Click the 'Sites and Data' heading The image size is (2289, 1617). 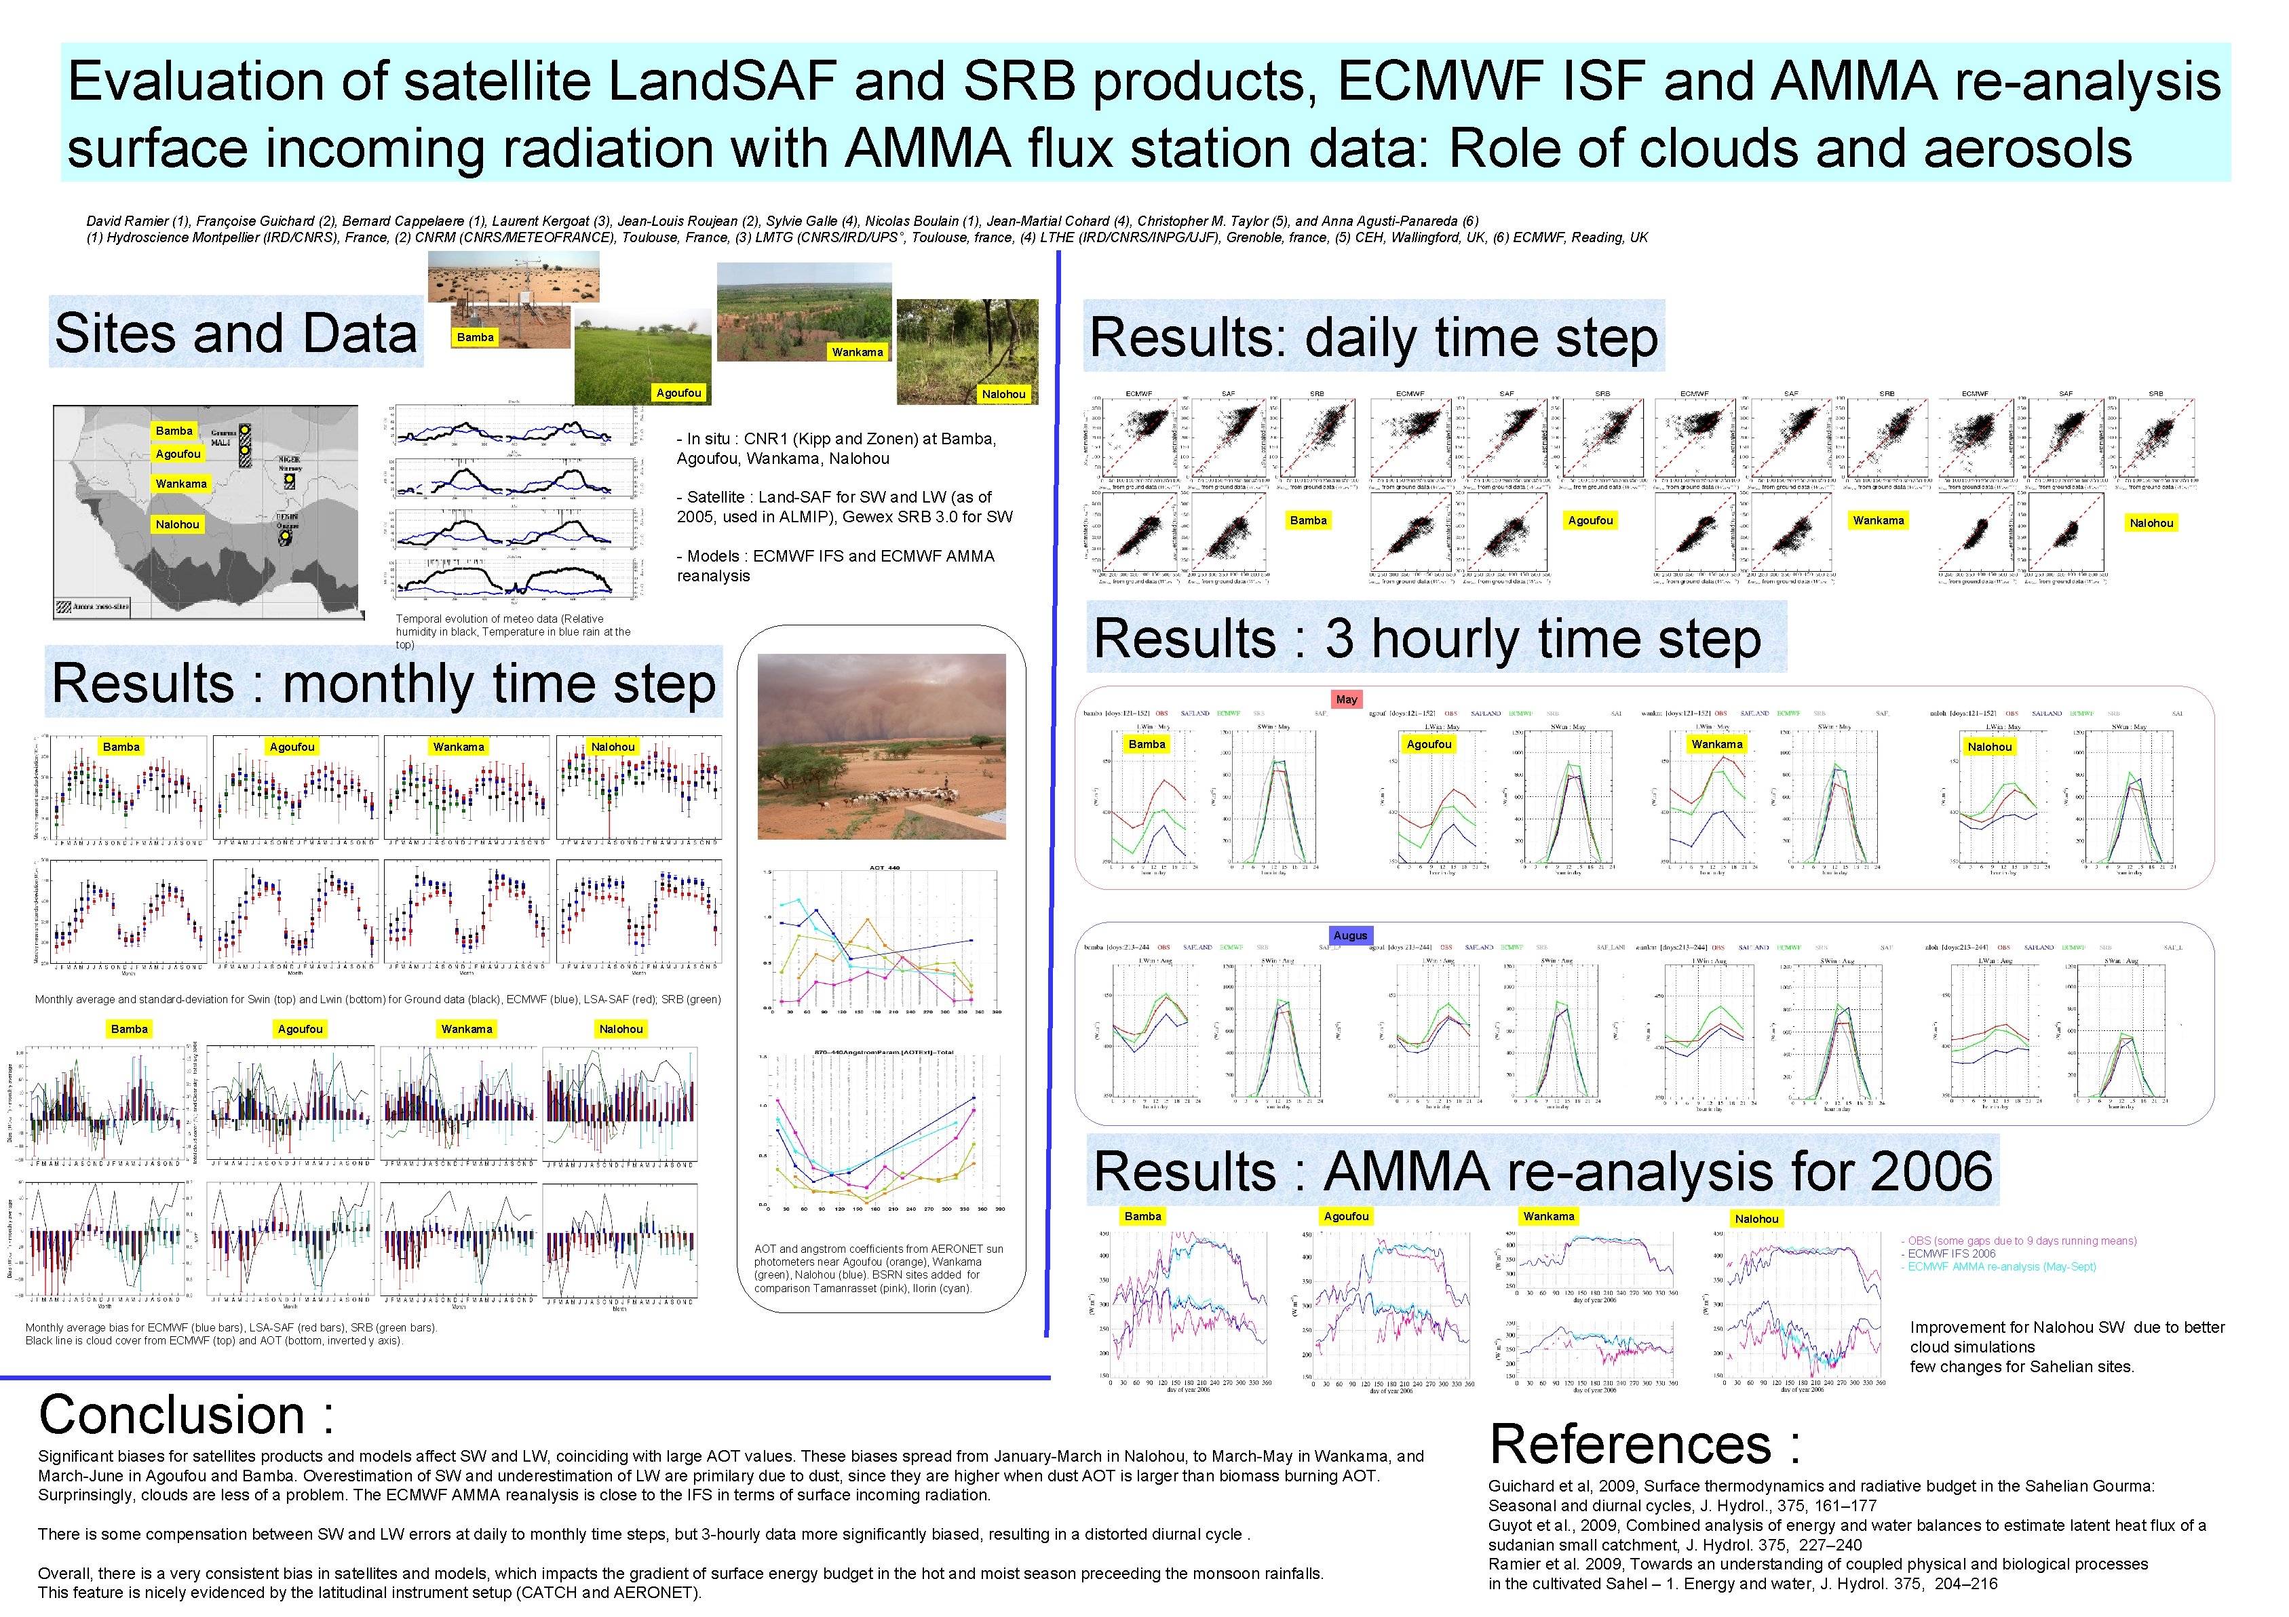pyautogui.click(x=235, y=333)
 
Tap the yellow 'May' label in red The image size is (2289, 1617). pyautogui.click(x=1346, y=700)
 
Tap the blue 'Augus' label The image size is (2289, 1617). pyautogui.click(x=1350, y=935)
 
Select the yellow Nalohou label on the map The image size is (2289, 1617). pyautogui.click(x=178, y=524)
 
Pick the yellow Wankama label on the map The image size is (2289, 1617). pyautogui.click(x=180, y=484)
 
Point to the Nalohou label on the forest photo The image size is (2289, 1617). pyautogui.click(x=1003, y=394)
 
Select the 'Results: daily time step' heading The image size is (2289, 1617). pyautogui.click(x=1373, y=338)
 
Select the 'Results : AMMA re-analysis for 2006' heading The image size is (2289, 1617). pyautogui.click(x=1541, y=1171)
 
